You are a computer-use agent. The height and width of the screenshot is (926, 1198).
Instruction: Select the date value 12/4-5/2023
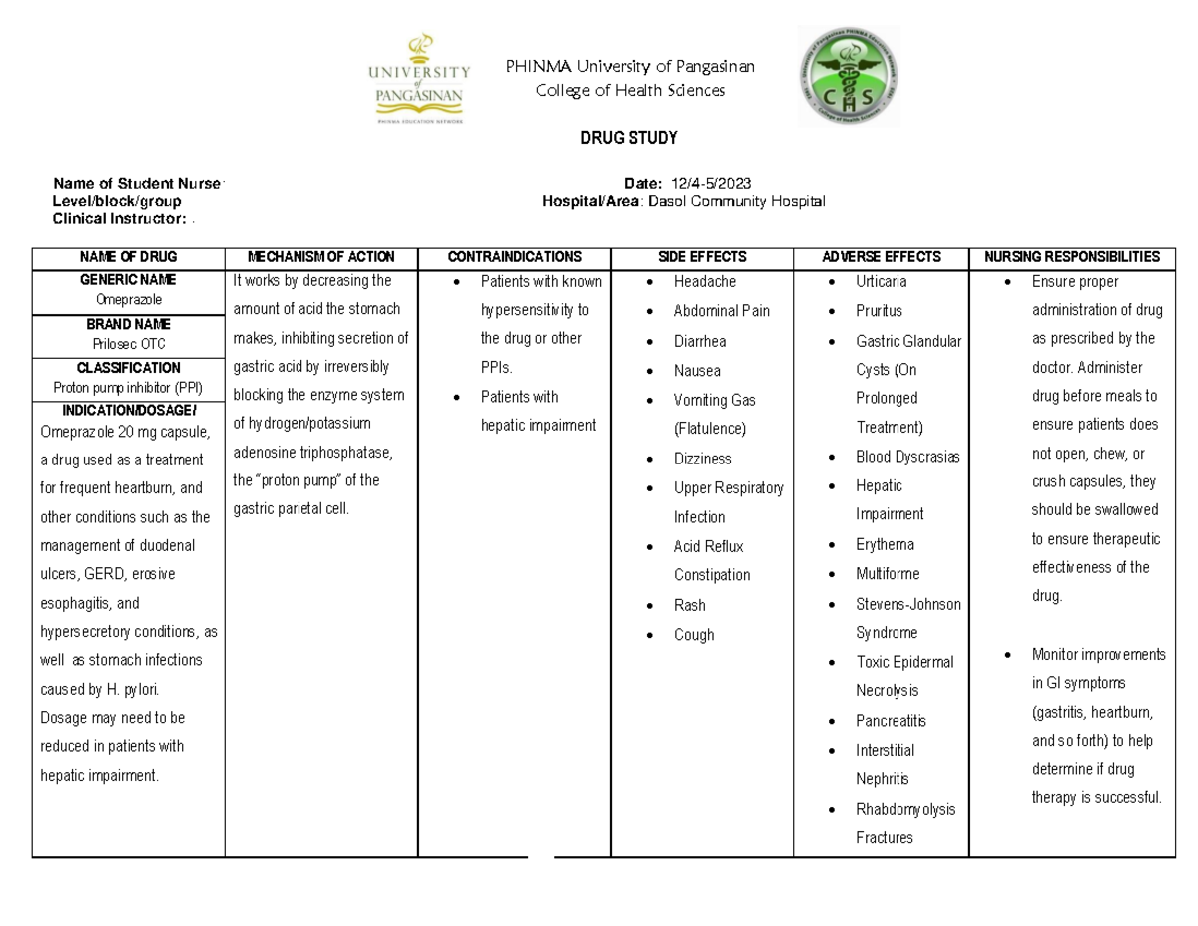click(711, 182)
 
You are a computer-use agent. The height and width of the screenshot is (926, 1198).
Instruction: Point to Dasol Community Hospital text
click(737, 201)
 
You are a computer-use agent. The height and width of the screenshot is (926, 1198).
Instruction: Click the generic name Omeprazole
click(128, 300)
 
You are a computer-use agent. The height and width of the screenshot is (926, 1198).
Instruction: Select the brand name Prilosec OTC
click(128, 344)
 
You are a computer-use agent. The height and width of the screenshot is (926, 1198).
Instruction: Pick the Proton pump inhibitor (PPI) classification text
click(128, 388)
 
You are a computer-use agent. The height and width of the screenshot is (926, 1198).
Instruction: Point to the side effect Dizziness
click(702, 459)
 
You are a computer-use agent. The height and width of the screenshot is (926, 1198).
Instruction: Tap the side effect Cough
click(694, 635)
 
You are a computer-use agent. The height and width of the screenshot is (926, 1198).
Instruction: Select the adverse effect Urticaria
click(882, 282)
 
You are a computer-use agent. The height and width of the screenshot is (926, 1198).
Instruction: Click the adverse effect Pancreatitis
click(891, 721)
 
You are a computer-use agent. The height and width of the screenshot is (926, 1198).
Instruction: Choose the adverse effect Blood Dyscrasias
click(907, 457)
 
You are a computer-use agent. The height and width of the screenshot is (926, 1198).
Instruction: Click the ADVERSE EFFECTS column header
click(881, 257)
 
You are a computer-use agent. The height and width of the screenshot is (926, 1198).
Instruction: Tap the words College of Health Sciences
click(630, 91)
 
